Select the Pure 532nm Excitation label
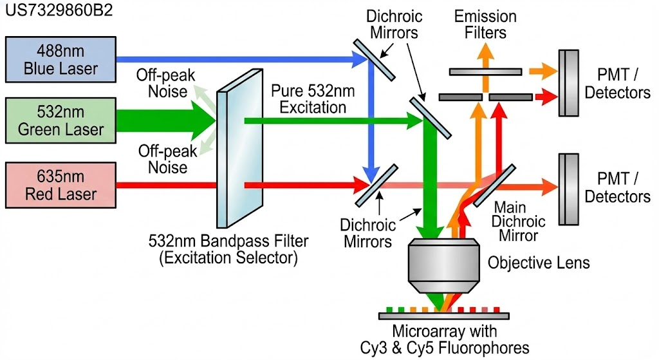click(x=309, y=98)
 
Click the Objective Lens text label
click(x=539, y=263)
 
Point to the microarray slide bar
click(x=444, y=316)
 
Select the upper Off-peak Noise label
click(x=161, y=82)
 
